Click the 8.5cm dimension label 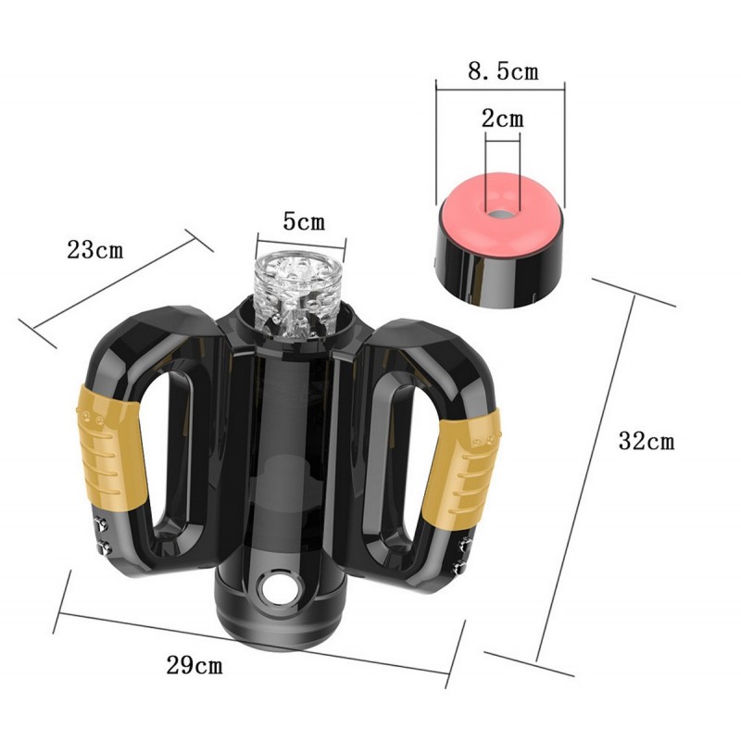click(503, 72)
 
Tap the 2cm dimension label click(503, 119)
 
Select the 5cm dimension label click(305, 221)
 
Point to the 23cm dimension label click(95, 249)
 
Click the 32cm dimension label click(647, 442)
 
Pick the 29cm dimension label click(195, 665)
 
